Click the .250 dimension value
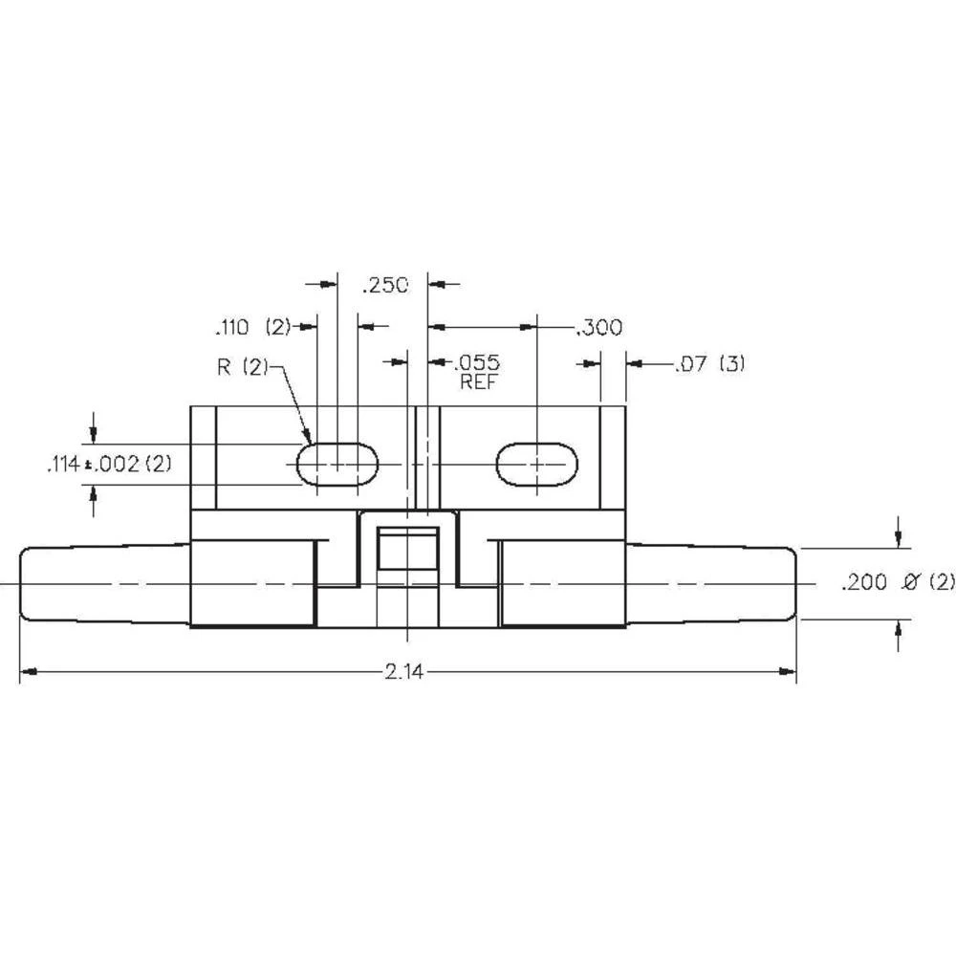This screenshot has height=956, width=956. click(384, 284)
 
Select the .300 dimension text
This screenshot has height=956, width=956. click(598, 328)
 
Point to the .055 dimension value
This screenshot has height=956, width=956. click(477, 362)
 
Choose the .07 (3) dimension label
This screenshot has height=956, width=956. click(708, 363)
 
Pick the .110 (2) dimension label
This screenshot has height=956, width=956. click(251, 328)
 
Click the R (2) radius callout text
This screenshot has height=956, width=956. click(244, 367)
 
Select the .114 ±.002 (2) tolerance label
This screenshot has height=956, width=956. click(107, 465)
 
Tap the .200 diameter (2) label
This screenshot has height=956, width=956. click(884, 582)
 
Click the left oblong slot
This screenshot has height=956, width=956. click(337, 464)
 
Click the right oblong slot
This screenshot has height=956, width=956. click(536, 464)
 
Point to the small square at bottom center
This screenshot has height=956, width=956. click(407, 548)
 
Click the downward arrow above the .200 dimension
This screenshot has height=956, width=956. click(898, 540)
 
